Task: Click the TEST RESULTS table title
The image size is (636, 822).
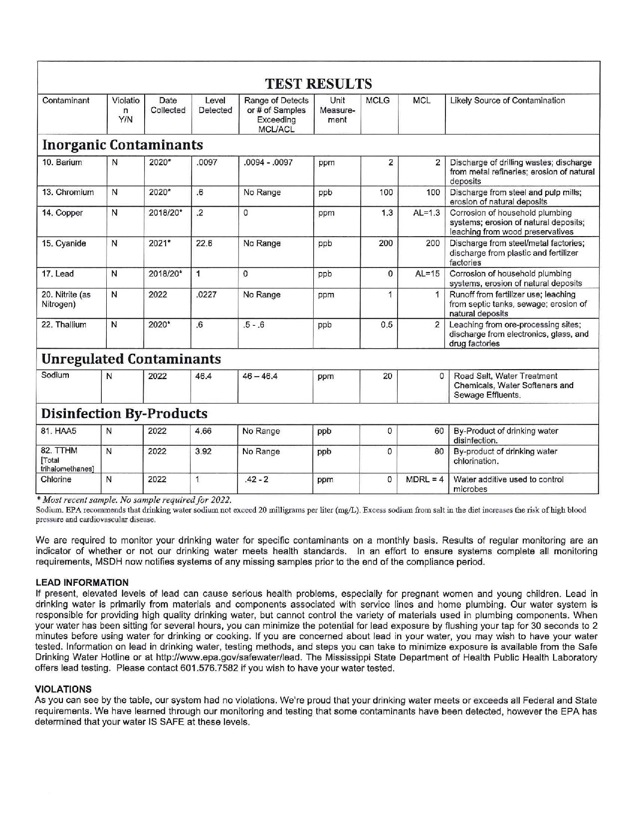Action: tap(318, 83)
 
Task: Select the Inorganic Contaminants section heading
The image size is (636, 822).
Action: tap(123, 145)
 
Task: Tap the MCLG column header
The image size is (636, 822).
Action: tap(378, 101)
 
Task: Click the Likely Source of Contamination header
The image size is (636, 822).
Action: tap(507, 101)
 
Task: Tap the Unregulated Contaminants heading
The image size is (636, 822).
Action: tap(131, 359)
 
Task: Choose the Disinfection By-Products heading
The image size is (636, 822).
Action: tap(124, 414)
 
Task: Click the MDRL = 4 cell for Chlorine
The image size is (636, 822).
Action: tap(424, 480)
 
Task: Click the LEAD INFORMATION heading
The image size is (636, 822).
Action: tap(82, 582)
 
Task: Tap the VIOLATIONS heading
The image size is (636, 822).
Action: tap(63, 689)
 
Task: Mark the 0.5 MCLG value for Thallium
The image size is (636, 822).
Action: tap(387, 325)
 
